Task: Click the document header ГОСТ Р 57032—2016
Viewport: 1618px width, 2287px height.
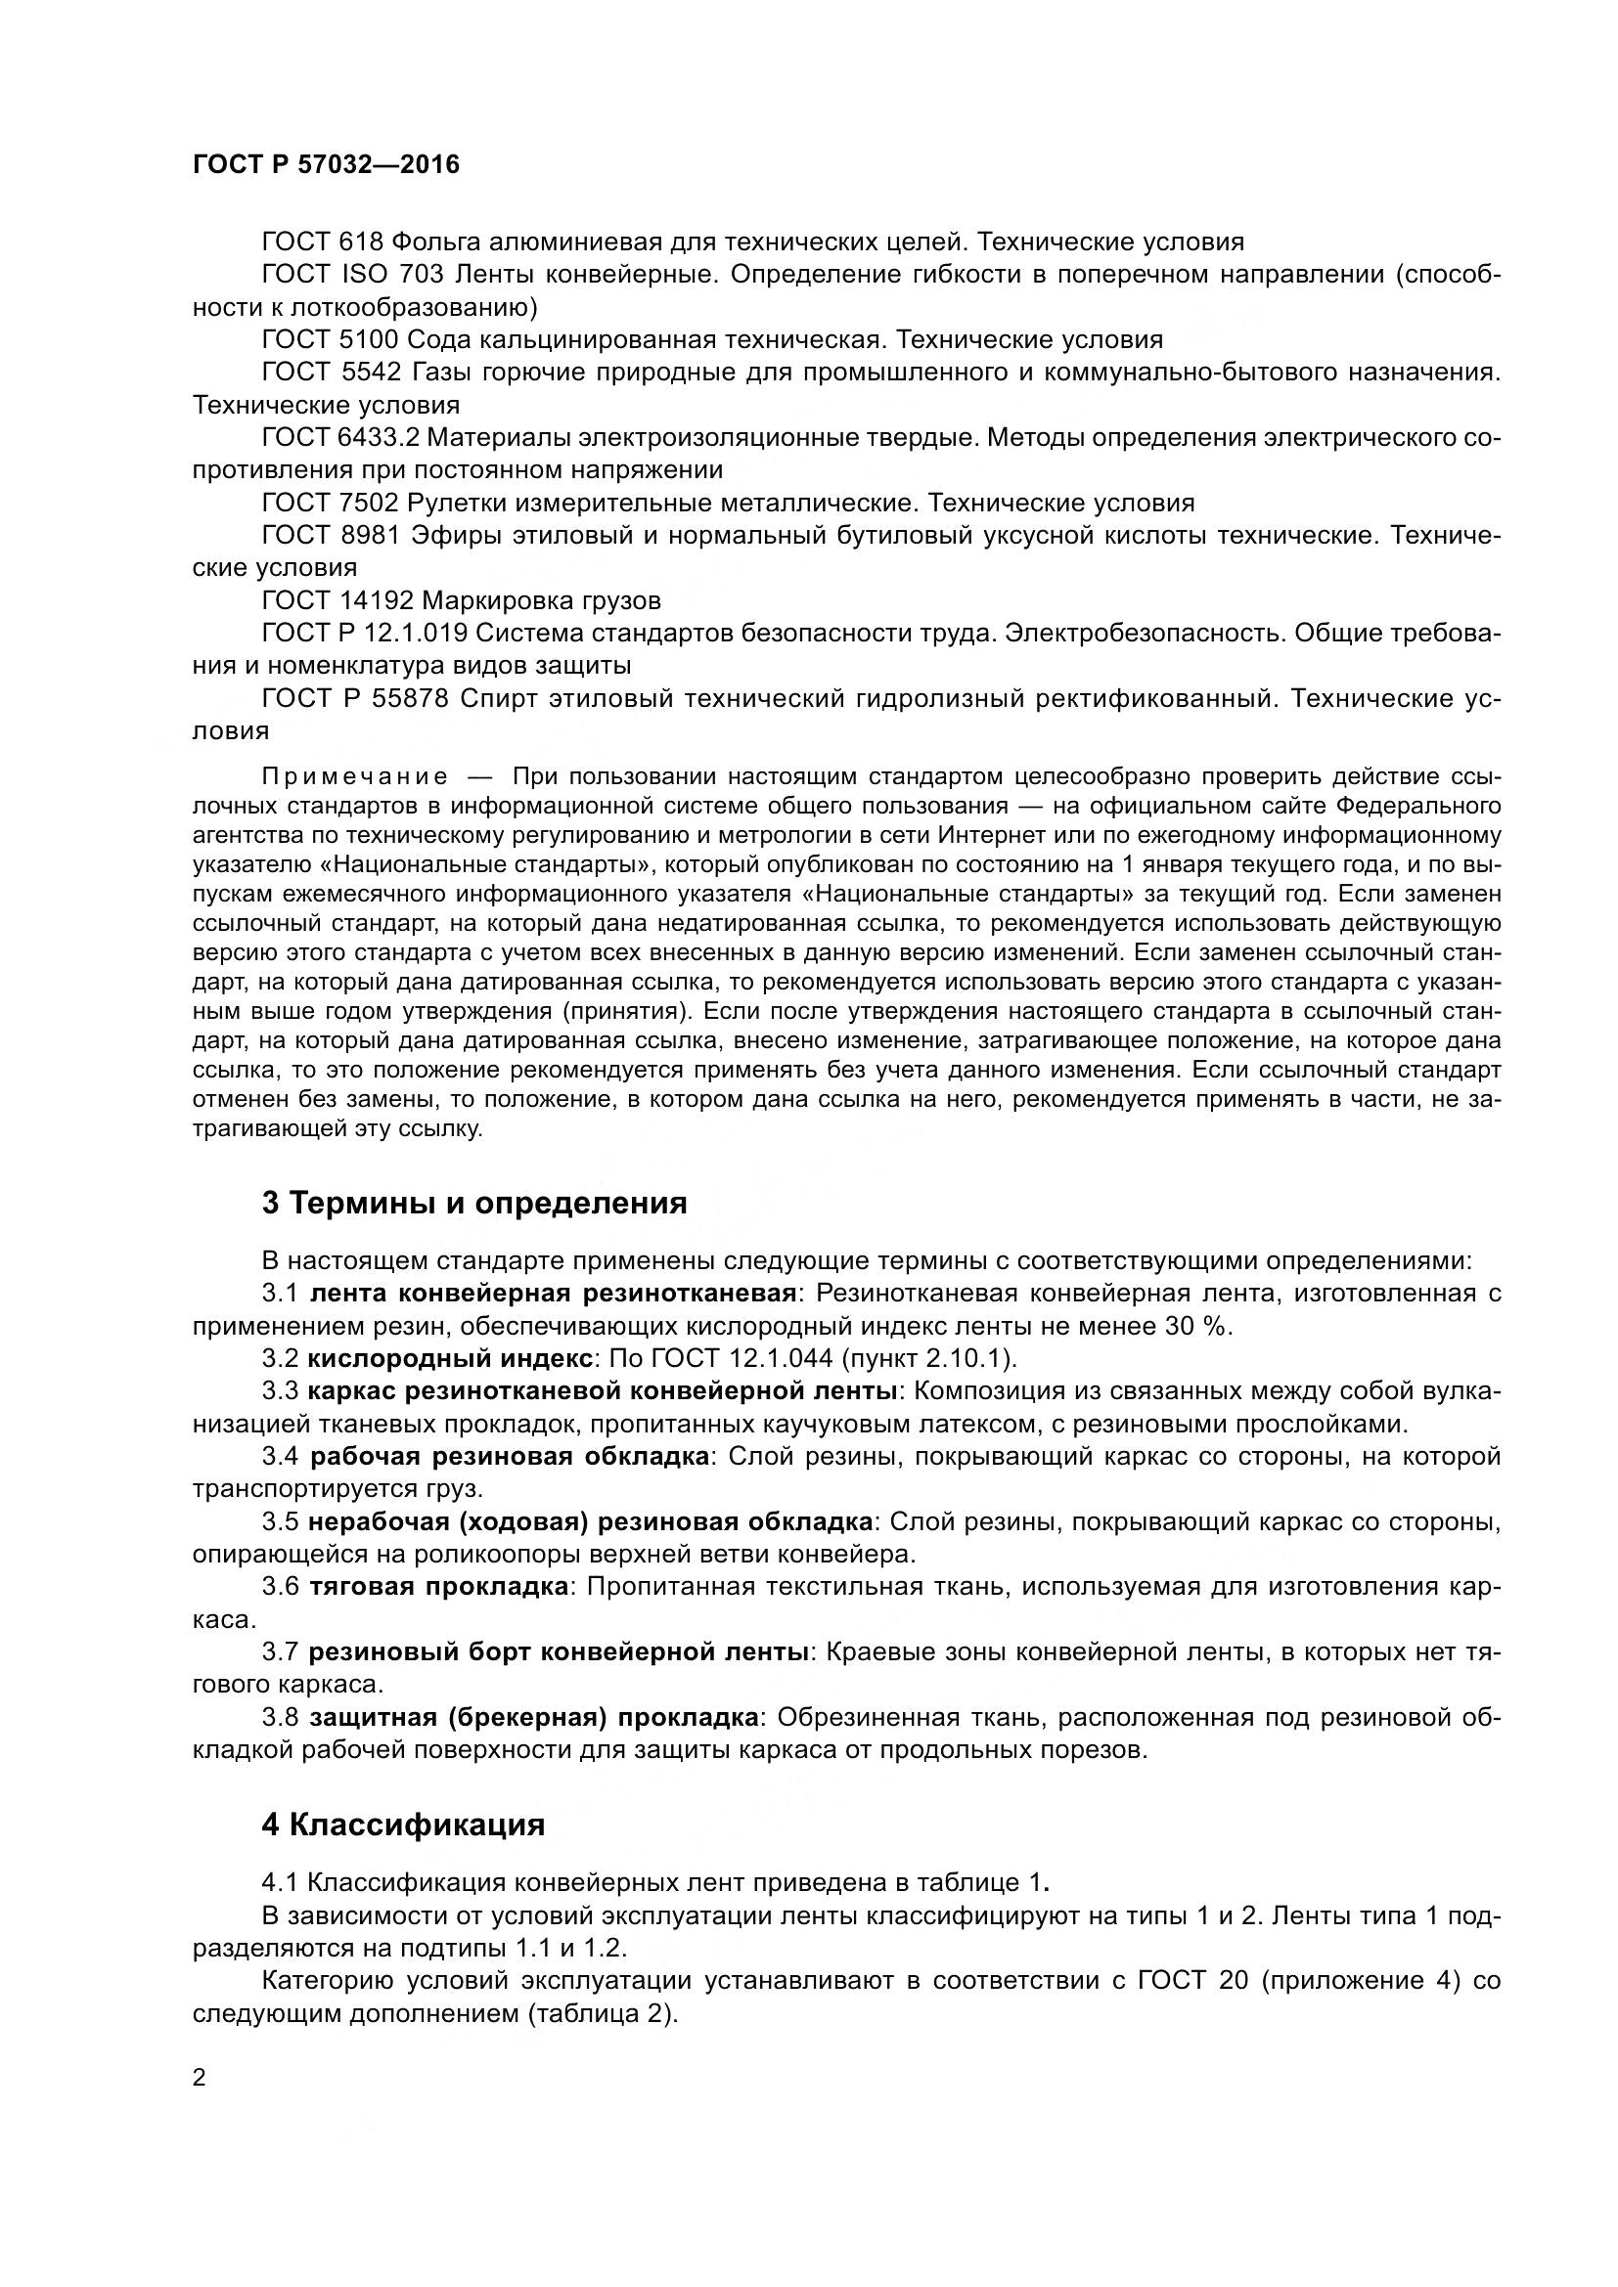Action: pos(326,165)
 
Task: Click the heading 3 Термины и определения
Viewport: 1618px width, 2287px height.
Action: pos(474,1204)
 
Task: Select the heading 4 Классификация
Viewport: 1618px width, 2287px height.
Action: pos(402,1825)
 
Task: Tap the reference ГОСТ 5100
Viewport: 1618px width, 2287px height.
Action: pos(330,339)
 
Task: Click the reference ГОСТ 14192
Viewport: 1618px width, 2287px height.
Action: pos(337,600)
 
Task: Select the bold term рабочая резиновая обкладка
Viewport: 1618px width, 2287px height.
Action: pos(509,1457)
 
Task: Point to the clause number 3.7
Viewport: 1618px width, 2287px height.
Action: pos(280,1652)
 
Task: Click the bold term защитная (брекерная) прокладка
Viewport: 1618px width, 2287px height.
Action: pos(534,1718)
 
